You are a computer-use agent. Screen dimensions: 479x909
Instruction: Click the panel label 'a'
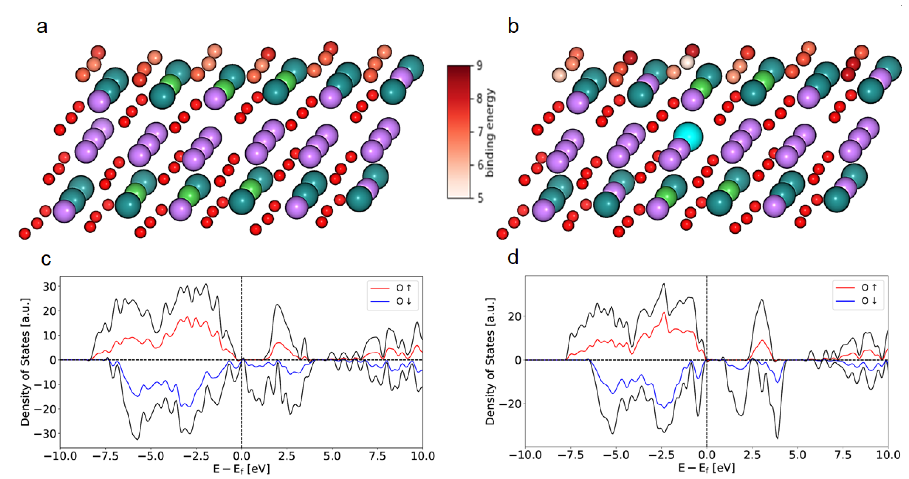42,27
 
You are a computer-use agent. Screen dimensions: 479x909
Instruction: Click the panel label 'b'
513,27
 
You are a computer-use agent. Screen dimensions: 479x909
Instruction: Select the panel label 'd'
513,258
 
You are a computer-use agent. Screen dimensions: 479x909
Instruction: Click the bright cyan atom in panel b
688,136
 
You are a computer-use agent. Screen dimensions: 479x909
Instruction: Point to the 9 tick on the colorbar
479,65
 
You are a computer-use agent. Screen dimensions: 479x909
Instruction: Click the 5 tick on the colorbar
480,198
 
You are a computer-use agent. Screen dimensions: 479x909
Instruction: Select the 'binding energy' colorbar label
490,132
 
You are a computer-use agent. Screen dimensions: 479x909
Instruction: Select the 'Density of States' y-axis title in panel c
25,362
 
